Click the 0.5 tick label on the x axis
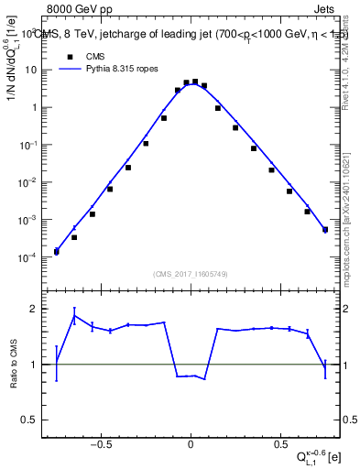278,446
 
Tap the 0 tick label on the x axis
191,446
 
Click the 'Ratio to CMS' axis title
12,365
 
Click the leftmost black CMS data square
56,252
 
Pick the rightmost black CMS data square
325,230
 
